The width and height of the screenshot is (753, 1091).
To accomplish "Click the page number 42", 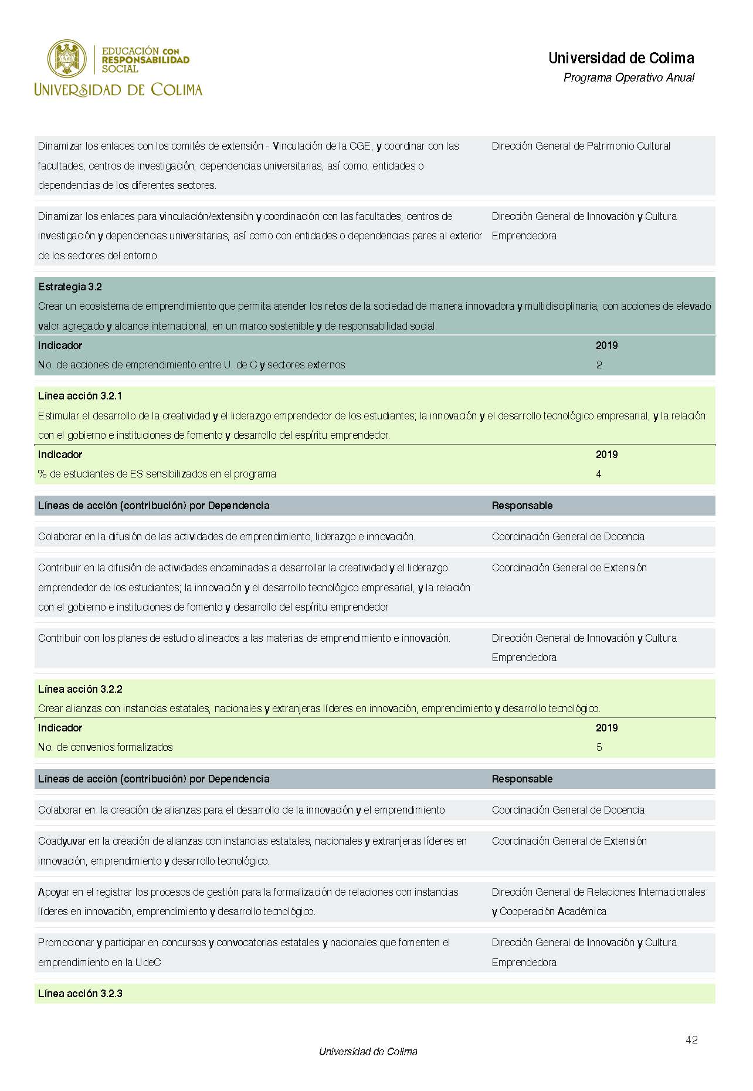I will pyautogui.click(x=691, y=1039).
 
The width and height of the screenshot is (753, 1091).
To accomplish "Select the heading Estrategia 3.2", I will pyautogui.click(x=70, y=287).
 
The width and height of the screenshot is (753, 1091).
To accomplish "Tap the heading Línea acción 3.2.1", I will pyautogui.click(x=80, y=396).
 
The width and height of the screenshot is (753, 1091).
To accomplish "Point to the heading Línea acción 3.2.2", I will pyautogui.click(x=80, y=689).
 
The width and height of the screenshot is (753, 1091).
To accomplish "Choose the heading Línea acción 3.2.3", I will pyautogui.click(x=80, y=994).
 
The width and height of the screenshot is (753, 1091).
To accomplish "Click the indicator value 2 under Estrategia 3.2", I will pyautogui.click(x=599, y=365).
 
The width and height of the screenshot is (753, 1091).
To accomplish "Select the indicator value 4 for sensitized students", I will pyautogui.click(x=599, y=474).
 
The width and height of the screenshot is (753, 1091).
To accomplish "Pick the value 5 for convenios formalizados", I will pyautogui.click(x=599, y=747).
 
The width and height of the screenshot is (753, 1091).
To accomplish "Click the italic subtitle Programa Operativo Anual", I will pyautogui.click(x=629, y=77).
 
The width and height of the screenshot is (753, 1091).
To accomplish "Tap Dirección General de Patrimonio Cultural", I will pyautogui.click(x=581, y=146).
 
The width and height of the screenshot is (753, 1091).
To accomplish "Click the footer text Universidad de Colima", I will pyautogui.click(x=368, y=1052).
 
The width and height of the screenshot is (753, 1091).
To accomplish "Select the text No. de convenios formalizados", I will pyautogui.click(x=106, y=747).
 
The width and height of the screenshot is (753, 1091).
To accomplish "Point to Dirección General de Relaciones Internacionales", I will pyautogui.click(x=598, y=892).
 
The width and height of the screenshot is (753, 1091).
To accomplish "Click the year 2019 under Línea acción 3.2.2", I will pyautogui.click(x=606, y=728).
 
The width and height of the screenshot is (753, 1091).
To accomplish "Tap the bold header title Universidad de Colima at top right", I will pyautogui.click(x=621, y=58).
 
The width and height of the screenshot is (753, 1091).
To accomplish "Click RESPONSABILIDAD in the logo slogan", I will pyautogui.click(x=145, y=60).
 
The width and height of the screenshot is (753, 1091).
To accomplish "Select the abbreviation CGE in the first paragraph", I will pyautogui.click(x=361, y=146).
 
